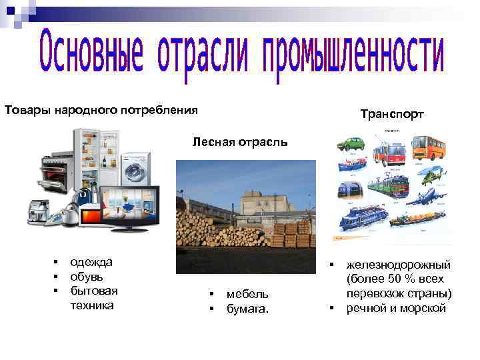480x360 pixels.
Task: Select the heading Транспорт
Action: coord(391,115)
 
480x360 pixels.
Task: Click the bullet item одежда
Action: coord(91,262)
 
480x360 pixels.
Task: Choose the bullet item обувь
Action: coord(87,276)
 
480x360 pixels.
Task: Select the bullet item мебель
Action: coord(247,293)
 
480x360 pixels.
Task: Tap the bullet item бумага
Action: coord(248,308)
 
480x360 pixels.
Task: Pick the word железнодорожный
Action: coord(399,265)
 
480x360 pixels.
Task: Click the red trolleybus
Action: coord(389,152)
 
